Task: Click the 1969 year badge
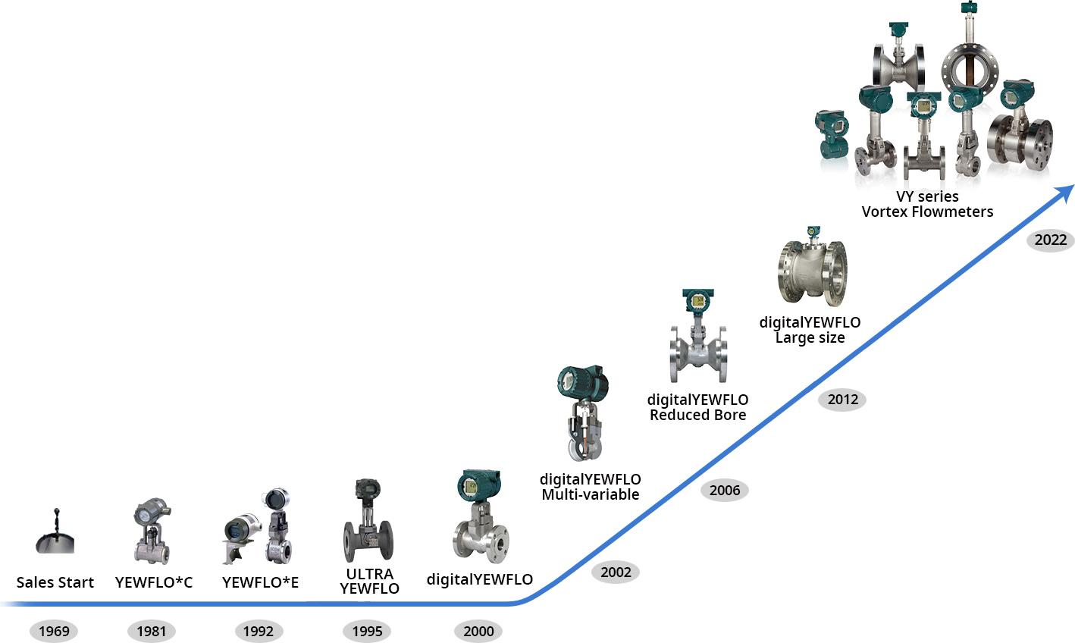point(54,631)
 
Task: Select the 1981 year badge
point(152,631)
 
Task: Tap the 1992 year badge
point(259,631)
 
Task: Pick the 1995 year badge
point(367,631)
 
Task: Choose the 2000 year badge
point(478,631)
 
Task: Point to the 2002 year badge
point(616,572)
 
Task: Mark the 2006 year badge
point(725,490)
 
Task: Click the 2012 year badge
point(842,400)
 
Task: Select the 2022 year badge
point(1051,240)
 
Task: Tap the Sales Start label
point(55,582)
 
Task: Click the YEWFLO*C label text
point(154,582)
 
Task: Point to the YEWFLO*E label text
point(260,582)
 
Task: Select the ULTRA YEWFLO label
point(369,581)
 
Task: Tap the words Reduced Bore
point(697,415)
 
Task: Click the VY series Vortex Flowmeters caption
point(927,204)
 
